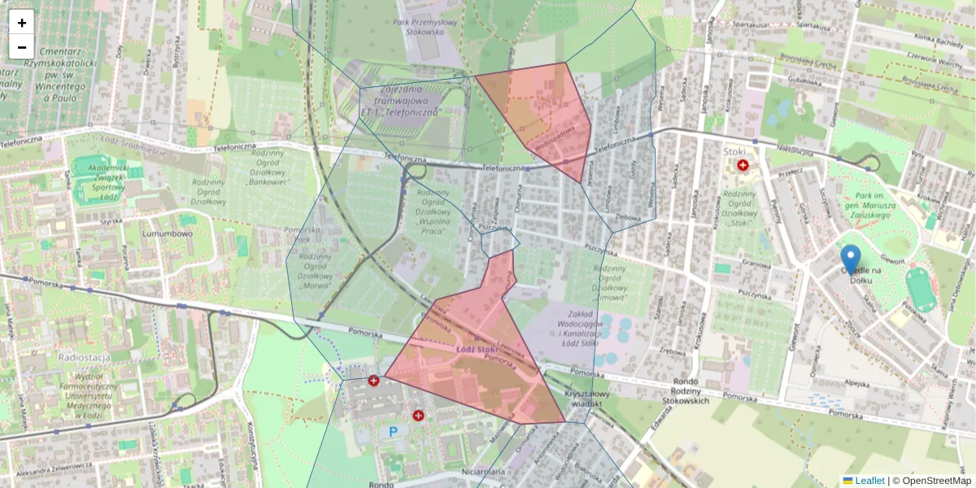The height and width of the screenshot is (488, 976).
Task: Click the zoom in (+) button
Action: [x=22, y=23]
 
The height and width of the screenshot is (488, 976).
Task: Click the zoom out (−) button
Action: [x=22, y=47]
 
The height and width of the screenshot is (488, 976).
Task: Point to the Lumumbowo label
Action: [x=167, y=233]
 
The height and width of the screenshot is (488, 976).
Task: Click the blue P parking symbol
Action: [x=394, y=432]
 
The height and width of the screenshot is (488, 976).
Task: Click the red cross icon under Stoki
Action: [x=743, y=165]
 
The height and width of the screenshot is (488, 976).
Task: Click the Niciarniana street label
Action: [x=481, y=472]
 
